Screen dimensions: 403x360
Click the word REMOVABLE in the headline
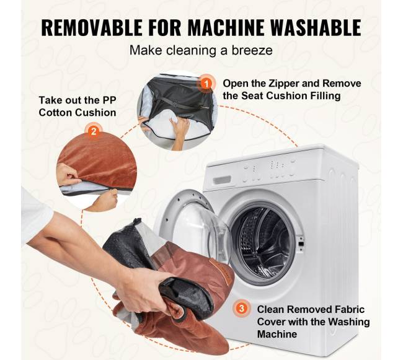[92, 27]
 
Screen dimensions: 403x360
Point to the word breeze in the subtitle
[252, 50]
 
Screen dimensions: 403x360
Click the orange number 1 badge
[206, 84]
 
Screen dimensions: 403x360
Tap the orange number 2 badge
[94, 131]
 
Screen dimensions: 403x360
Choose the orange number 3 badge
[242, 308]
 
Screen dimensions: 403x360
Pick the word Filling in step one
[325, 96]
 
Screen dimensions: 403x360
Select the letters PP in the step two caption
[110, 100]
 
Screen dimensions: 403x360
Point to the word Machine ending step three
[277, 334]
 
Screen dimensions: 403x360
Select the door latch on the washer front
[300, 243]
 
